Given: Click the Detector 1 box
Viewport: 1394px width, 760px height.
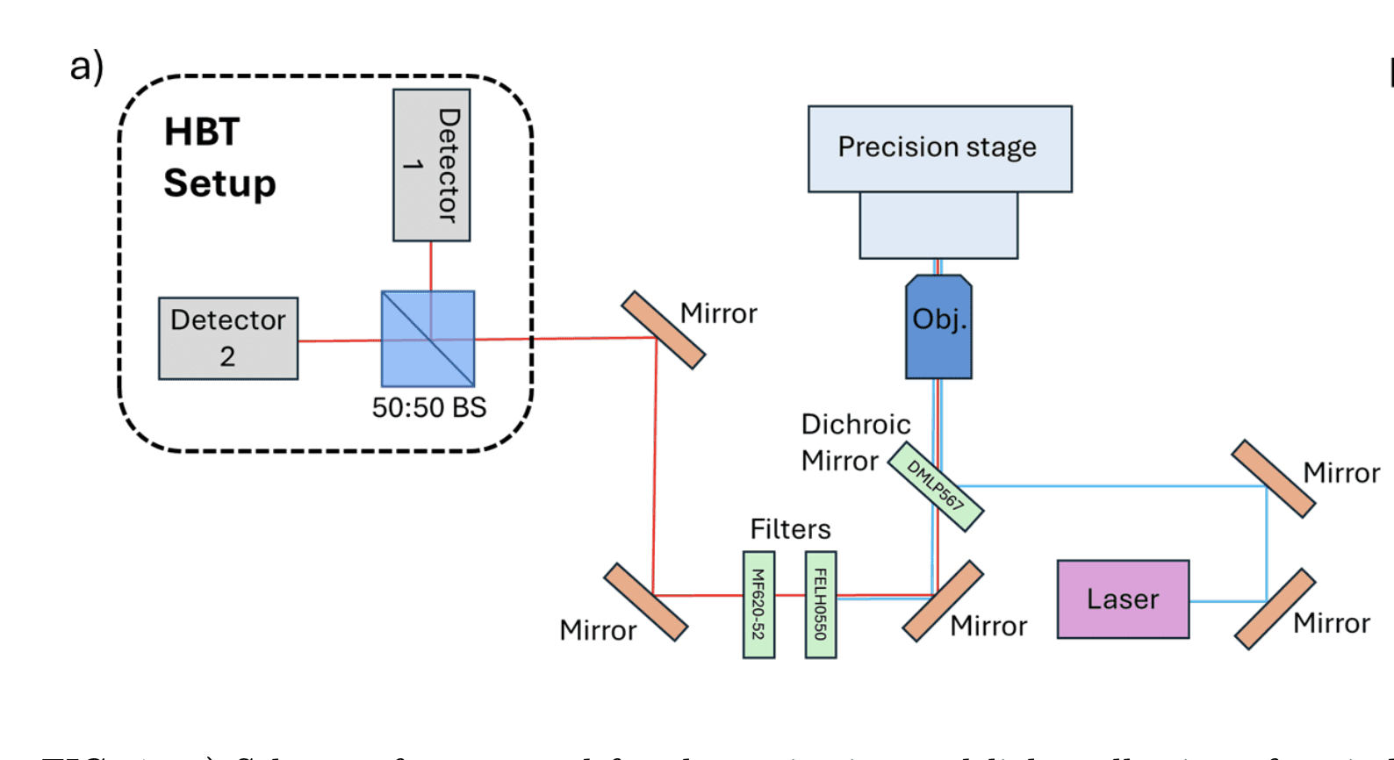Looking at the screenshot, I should pyautogui.click(x=431, y=165).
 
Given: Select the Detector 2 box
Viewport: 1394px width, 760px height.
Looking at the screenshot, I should pyautogui.click(x=228, y=338).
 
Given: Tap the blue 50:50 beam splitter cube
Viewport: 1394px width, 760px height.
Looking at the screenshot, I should pyautogui.click(x=428, y=339).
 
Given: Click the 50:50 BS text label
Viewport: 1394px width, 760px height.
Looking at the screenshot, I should pyautogui.click(x=428, y=407).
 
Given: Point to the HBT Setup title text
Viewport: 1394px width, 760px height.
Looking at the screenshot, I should pyautogui.click(x=219, y=158).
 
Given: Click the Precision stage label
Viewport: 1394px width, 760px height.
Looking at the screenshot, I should pyautogui.click(x=937, y=147).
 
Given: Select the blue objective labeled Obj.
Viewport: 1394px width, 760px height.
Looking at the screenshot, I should pyautogui.click(x=938, y=326).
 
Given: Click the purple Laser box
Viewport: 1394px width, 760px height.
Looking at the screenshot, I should pyautogui.click(x=1123, y=599).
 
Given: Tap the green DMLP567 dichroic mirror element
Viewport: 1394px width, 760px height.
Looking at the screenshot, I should pyautogui.click(x=935, y=486).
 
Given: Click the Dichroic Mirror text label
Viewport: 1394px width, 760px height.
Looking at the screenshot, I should pyautogui.click(x=854, y=442).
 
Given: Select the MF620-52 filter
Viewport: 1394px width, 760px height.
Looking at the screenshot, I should pyautogui.click(x=758, y=605).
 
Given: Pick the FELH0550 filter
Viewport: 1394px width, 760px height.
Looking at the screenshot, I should pyautogui.click(x=821, y=605).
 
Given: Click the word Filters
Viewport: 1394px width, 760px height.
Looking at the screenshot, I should pyautogui.click(x=790, y=529).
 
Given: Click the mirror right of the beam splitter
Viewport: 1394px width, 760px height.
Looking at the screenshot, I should pyautogui.click(x=663, y=330).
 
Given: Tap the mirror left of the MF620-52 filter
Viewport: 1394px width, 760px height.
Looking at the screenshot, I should pyautogui.click(x=645, y=602).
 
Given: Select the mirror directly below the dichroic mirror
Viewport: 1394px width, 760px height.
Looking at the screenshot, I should pyautogui.click(x=943, y=601).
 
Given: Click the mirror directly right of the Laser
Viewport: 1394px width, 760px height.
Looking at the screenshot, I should pyautogui.click(x=1275, y=609).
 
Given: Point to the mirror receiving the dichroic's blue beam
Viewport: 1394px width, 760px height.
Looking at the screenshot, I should pyautogui.click(x=1273, y=479).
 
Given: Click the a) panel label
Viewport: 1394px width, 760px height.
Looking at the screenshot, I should pyautogui.click(x=87, y=66).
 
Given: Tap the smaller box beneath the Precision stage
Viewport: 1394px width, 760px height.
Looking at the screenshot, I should pyautogui.click(x=938, y=226).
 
